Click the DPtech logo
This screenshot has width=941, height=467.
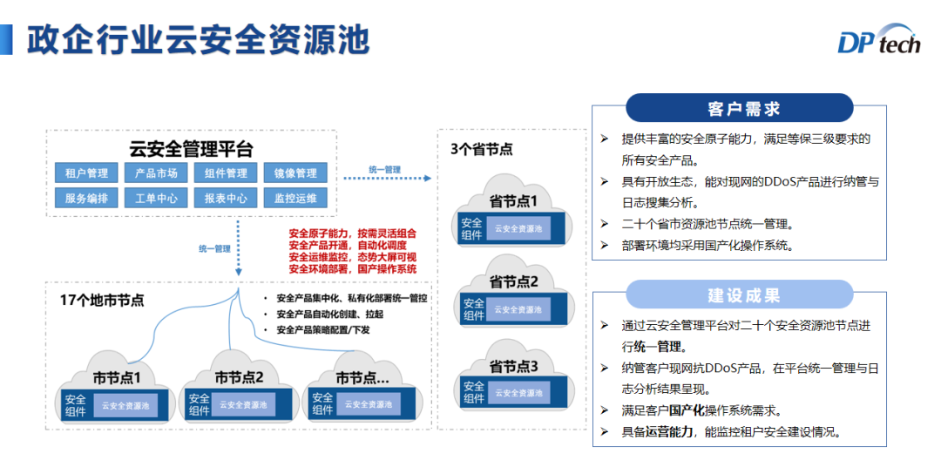click(878, 42)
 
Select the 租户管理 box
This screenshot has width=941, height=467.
click(86, 173)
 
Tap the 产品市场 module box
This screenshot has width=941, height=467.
click(156, 173)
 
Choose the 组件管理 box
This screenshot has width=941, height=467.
click(226, 173)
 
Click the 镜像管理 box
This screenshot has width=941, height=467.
click(295, 173)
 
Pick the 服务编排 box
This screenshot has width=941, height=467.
click(86, 198)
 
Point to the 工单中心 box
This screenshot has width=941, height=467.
click(156, 198)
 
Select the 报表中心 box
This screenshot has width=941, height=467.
click(226, 198)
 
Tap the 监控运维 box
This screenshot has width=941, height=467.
click(295, 198)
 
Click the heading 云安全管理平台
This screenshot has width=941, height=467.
click(191, 148)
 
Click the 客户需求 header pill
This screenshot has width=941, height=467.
click(739, 108)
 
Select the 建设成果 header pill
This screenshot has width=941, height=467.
click(739, 294)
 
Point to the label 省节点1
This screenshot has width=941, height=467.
click(513, 201)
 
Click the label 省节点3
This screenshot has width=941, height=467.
click(513, 366)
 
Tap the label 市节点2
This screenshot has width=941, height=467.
click(239, 378)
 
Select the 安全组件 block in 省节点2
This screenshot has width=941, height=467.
click(473, 309)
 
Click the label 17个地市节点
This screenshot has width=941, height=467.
click(102, 300)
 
